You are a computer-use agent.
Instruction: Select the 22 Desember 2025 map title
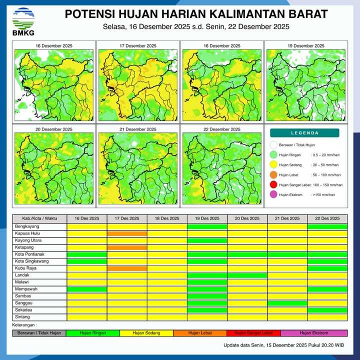point(221,129)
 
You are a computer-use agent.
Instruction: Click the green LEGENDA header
point(304,133)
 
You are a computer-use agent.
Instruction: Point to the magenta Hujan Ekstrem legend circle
point(273,195)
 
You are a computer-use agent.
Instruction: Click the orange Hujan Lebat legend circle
point(273,175)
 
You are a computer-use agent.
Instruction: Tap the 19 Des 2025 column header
point(207,218)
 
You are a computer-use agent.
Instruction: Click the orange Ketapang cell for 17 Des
point(127,247)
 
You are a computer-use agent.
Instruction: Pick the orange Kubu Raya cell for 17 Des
point(127,268)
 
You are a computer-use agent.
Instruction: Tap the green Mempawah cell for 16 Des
point(87,289)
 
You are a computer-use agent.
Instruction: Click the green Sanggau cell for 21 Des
point(287,303)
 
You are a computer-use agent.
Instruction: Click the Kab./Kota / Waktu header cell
point(39,218)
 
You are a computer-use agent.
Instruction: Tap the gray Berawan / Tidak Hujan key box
point(39,333)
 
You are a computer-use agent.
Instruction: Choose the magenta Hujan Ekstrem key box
point(314,333)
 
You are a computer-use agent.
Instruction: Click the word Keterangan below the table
point(26,325)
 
